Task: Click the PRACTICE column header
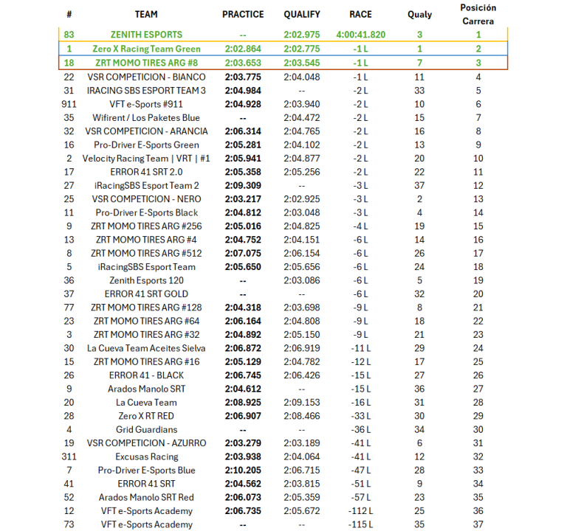(243, 14)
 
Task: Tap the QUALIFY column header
(302, 14)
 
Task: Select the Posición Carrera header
(478, 14)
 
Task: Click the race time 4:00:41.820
(360, 35)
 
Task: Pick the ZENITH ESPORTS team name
(146, 35)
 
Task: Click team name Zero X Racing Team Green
(146, 49)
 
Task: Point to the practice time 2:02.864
(243, 49)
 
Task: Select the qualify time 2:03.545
(302, 63)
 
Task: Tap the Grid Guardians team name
(146, 429)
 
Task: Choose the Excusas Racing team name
(146, 457)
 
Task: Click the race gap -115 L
(360, 524)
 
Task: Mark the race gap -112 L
(360, 511)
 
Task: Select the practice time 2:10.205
(243, 470)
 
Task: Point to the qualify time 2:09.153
(302, 402)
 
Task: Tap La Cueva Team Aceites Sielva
(146, 348)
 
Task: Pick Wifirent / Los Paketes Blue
(146, 117)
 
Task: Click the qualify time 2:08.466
(302, 416)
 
